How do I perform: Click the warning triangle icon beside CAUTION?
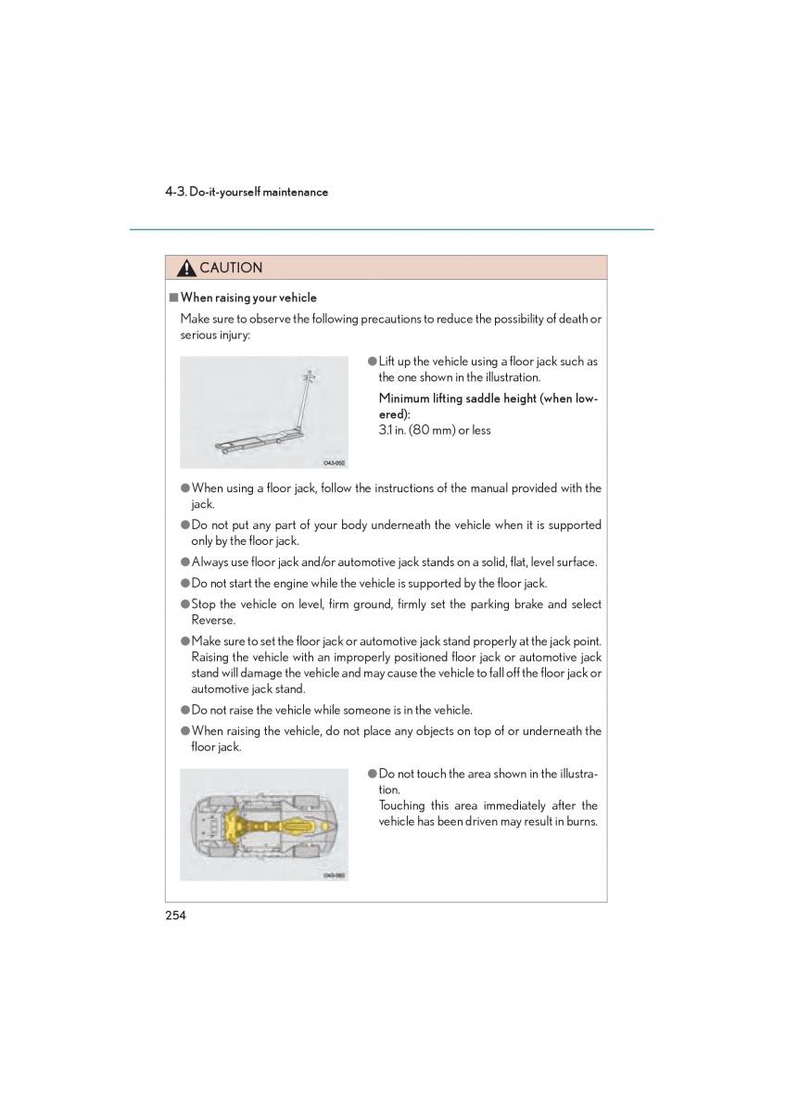tap(185, 269)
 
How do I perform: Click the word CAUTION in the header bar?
tap(231, 268)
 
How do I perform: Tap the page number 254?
tap(176, 916)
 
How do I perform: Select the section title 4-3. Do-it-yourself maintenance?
tap(247, 192)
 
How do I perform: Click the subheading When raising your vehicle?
tap(248, 297)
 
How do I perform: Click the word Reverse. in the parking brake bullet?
tap(214, 620)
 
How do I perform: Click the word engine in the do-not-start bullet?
tap(278, 583)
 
